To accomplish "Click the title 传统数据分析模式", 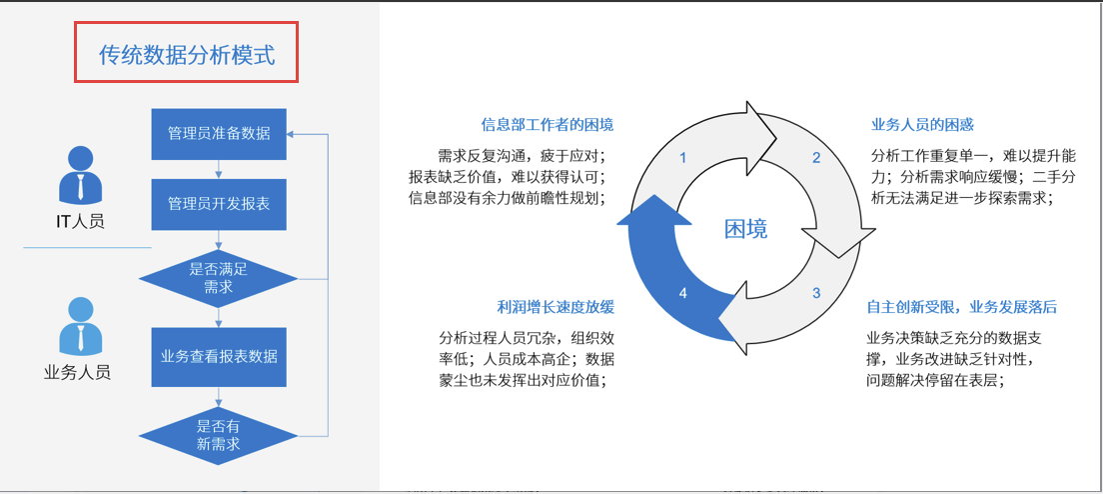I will pos(187,54).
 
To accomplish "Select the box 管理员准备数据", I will pos(219,133).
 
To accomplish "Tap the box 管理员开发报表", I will pos(219,204).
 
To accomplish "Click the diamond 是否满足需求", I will pos(219,277).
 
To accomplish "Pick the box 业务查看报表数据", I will pos(219,356).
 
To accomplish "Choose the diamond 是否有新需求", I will pos(219,435).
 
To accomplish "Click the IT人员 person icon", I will pos(80,176).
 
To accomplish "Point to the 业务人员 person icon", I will pos(80,326).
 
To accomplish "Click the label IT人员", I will pos(80,221).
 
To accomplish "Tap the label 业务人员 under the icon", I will pos(77,372).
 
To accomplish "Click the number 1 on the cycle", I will pos(683,158).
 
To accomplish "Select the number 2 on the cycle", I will pos(815,158).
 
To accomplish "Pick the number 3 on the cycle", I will pos(815,293).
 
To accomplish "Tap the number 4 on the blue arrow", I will pos(683,293).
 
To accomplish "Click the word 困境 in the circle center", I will pos(746,229).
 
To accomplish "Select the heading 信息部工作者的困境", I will pos(548,125).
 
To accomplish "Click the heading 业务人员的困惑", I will pos(922,125).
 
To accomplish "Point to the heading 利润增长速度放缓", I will pos(555,307).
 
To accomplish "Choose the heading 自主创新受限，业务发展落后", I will pos(961,307).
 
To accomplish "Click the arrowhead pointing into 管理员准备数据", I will pos(293,133).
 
